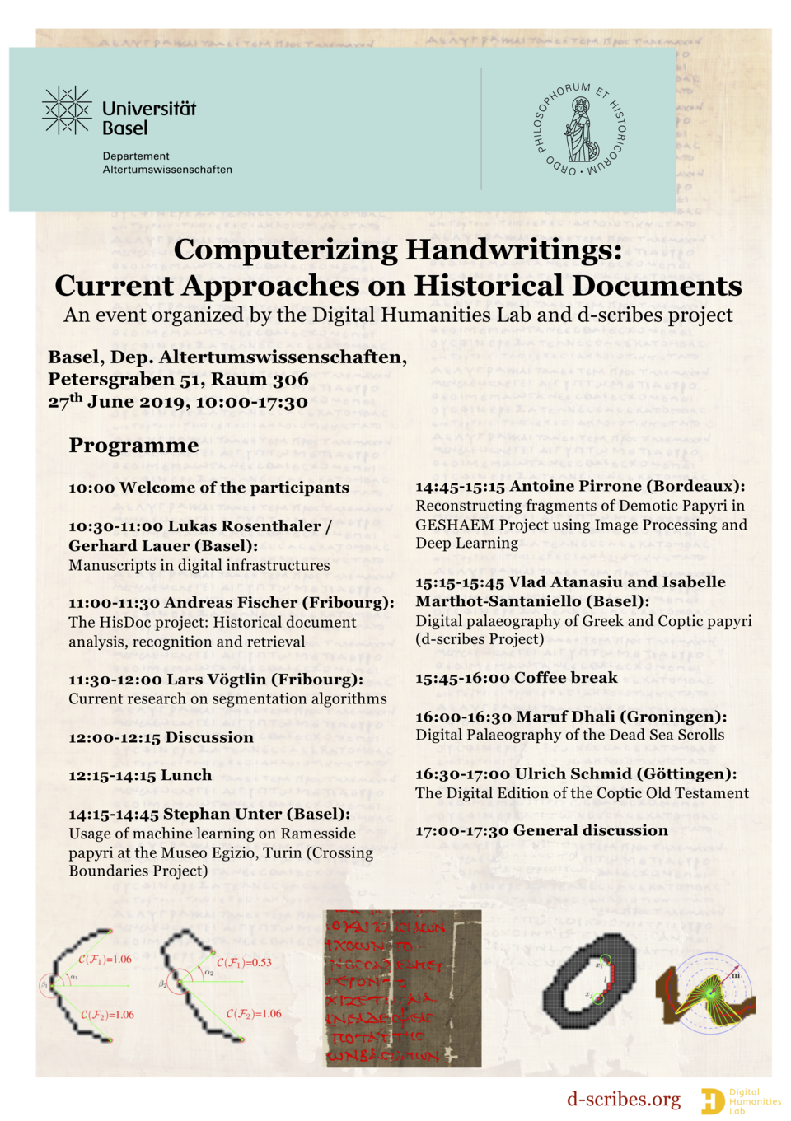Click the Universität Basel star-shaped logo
click(x=66, y=110)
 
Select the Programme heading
click(x=133, y=446)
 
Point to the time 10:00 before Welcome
click(x=91, y=488)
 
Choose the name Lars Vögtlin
click(x=217, y=680)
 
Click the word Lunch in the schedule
click(x=185, y=775)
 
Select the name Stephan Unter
click(x=222, y=814)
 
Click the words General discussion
click(x=590, y=830)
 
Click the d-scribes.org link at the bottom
click(x=623, y=1099)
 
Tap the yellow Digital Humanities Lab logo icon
click(x=712, y=1100)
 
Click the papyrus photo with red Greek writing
click(x=403, y=988)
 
